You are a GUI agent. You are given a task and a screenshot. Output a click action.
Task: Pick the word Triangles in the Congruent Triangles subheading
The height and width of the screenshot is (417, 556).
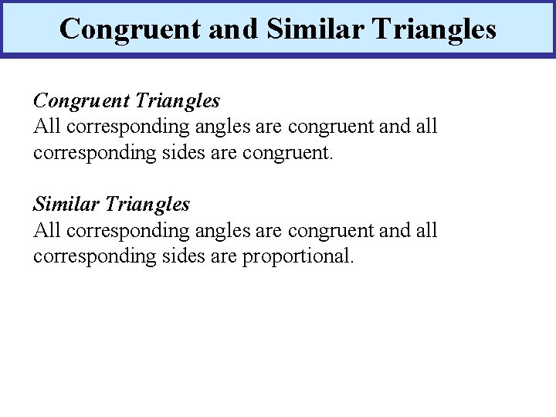click(178, 100)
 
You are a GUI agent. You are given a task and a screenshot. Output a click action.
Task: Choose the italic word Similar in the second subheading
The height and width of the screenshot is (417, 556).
click(66, 205)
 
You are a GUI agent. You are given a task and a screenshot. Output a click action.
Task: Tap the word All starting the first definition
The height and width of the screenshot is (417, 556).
click(46, 126)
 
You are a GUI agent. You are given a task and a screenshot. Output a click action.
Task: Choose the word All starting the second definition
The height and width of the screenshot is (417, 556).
click(46, 230)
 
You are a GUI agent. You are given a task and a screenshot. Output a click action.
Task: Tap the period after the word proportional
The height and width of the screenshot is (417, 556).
click(352, 261)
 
